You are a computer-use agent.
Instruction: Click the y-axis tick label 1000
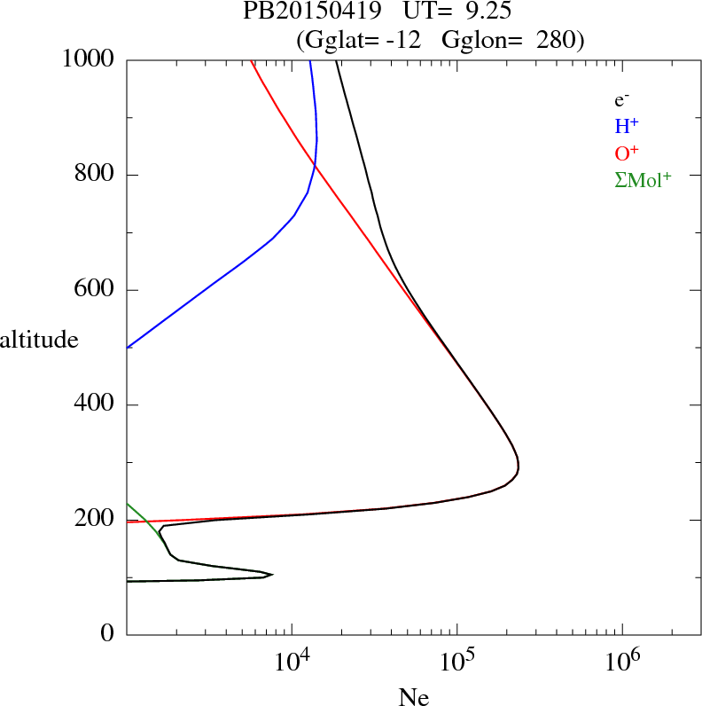(x=89, y=60)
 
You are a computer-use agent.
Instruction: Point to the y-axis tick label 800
(x=96, y=175)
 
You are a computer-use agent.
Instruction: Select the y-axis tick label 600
(x=96, y=290)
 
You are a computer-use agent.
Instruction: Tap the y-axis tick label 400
(x=96, y=405)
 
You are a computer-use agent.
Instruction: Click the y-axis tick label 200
(x=96, y=520)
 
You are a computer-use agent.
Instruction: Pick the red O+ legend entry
(x=627, y=153)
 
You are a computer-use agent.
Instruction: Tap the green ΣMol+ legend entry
(x=643, y=179)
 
